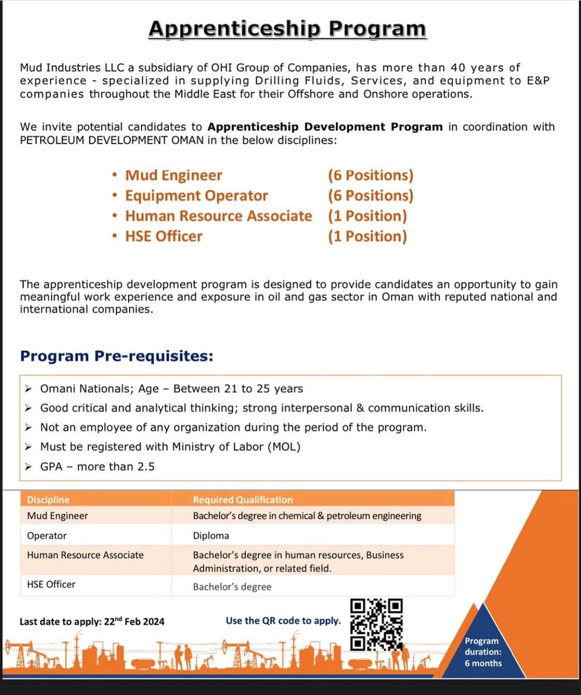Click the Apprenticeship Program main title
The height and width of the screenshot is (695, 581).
[287, 29]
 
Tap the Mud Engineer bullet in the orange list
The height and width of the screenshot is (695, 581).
[174, 176]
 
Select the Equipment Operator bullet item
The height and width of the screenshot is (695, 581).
[196, 196]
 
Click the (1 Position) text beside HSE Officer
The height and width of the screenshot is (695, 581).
[367, 237]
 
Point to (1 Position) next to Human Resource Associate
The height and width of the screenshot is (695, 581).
[367, 216]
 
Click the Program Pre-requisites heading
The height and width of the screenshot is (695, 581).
[117, 356]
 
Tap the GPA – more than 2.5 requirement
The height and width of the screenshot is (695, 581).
[97, 467]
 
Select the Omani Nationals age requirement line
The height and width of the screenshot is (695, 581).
[171, 389]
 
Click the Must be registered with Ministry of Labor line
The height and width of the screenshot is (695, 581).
[170, 447]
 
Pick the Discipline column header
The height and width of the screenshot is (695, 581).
[48, 500]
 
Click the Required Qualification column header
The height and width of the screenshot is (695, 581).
[243, 500]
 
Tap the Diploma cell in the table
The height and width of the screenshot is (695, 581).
[211, 536]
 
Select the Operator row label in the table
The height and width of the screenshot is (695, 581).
[47, 536]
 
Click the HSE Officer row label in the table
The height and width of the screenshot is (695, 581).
[51, 584]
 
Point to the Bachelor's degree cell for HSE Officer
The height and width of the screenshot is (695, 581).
[232, 587]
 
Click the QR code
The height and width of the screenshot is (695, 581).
[376, 624]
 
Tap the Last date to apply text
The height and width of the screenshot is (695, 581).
[92, 622]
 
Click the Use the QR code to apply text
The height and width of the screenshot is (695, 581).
[283, 621]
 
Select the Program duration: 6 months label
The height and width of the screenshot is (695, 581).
[483, 652]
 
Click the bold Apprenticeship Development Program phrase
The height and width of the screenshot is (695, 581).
[325, 127]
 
